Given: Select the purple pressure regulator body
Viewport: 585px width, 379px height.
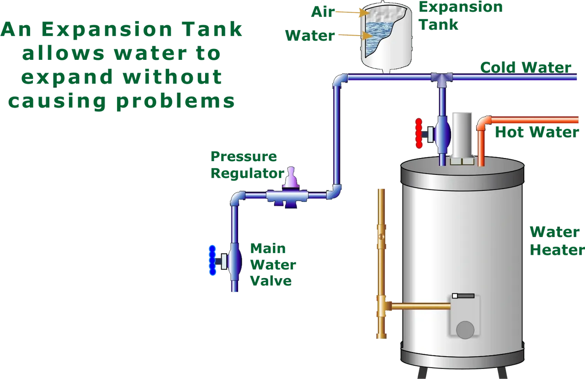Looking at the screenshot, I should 290,195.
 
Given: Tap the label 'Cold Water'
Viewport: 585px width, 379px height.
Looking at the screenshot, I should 526,68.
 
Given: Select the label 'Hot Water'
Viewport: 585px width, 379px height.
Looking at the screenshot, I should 537,132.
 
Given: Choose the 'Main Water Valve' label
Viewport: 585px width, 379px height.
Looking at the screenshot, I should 273,264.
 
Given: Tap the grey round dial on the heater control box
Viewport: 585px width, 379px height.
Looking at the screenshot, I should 465,330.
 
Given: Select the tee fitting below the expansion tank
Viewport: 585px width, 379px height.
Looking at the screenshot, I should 442,78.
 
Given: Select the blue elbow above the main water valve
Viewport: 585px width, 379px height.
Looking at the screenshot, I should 237,198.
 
